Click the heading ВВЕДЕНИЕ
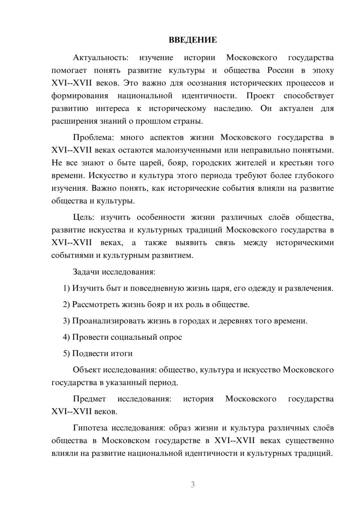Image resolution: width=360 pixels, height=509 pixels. [193, 40]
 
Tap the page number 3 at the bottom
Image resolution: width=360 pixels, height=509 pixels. [193, 485]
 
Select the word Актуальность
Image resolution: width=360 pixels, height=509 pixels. [100, 58]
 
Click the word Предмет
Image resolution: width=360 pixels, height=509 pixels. [89, 399]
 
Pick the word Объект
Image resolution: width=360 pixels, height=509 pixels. [87, 370]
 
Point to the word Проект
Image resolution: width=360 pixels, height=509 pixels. [260, 96]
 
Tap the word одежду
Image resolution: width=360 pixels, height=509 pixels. [260, 288]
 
